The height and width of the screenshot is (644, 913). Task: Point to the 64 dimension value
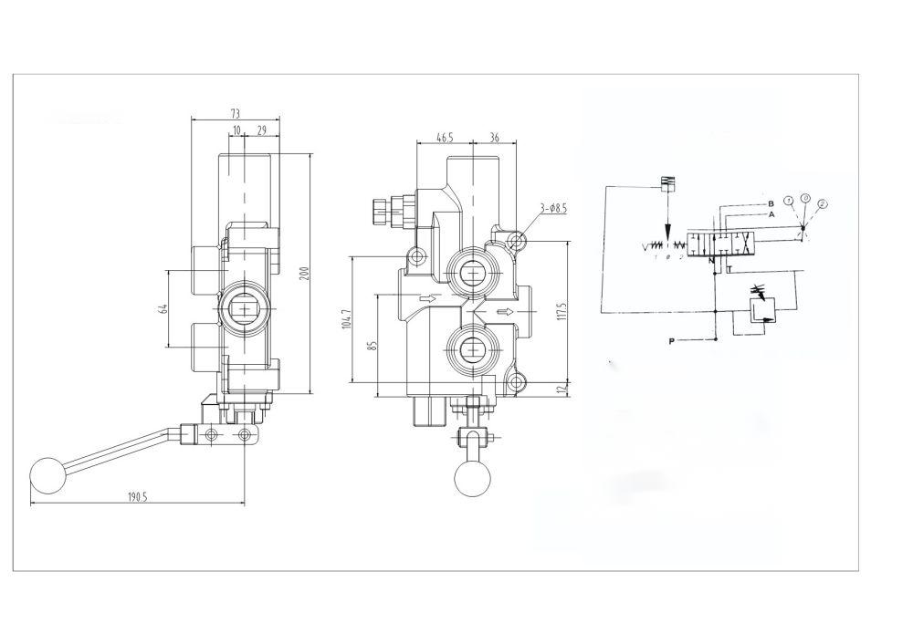(161, 308)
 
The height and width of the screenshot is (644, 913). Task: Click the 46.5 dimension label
(444, 138)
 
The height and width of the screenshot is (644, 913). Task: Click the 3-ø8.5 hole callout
(552, 208)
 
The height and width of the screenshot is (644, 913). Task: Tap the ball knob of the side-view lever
(46, 473)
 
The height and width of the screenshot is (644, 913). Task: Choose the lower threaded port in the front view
(473, 348)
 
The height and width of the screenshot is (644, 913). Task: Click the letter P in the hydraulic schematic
(671, 341)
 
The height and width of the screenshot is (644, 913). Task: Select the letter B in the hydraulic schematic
(771, 203)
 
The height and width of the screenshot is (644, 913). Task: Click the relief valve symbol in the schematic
(759, 311)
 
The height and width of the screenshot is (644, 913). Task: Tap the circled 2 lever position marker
(823, 203)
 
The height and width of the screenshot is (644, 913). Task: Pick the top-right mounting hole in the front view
(518, 241)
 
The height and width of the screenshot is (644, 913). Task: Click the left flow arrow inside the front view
(425, 298)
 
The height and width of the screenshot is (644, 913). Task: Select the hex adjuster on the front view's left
(377, 211)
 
